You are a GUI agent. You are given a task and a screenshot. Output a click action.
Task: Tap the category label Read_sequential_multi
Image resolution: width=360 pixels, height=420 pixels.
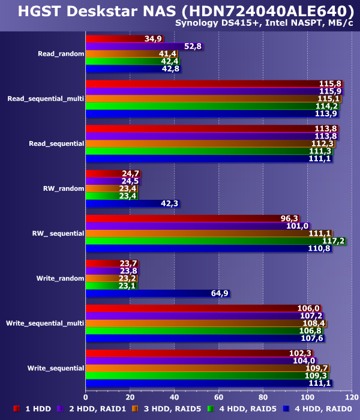click(46, 98)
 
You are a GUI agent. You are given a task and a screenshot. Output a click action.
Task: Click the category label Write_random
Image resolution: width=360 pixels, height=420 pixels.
click(60, 278)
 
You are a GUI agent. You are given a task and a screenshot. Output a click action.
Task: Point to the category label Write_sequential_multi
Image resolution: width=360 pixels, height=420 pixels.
click(45, 323)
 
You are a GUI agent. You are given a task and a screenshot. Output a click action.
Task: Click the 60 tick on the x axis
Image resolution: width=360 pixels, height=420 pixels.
click(218, 397)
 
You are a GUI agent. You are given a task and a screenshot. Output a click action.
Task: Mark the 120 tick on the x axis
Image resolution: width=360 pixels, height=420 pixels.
click(352, 397)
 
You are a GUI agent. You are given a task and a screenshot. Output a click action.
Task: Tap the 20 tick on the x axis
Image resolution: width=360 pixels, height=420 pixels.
click(130, 397)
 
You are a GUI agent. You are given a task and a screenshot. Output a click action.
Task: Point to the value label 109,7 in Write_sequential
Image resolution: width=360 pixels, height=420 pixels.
click(317, 368)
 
